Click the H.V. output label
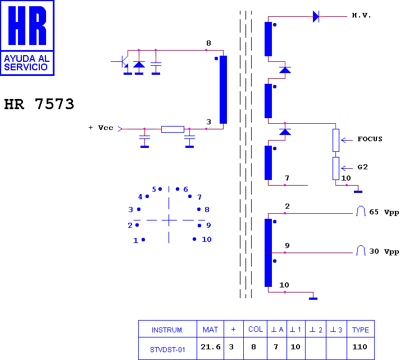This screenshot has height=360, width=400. (361, 16)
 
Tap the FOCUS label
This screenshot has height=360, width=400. (370, 139)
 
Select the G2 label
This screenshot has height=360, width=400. (362, 167)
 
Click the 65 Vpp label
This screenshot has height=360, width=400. (384, 212)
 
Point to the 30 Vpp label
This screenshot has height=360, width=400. (384, 251)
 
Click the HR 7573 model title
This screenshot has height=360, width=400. (39, 104)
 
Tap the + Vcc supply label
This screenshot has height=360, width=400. (101, 128)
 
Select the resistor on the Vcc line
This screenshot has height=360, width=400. (172, 129)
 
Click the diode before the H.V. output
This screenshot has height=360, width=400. (316, 17)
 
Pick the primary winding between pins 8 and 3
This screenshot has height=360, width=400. (223, 89)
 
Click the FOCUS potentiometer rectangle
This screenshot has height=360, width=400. (336, 140)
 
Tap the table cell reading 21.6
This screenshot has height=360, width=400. (211, 347)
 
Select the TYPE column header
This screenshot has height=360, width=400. (361, 330)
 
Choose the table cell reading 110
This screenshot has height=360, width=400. (360, 347)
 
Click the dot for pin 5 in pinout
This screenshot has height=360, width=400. (160, 189)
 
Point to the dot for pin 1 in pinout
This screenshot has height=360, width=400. (143, 240)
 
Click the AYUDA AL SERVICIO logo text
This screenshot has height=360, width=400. (26, 63)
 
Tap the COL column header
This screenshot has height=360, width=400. (256, 329)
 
